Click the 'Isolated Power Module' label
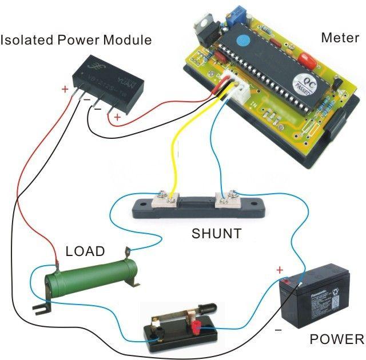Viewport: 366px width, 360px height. click(76, 40)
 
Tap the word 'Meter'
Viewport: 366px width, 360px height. click(340, 38)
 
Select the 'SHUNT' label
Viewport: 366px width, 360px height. click(216, 233)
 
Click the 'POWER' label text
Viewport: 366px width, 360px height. click(336, 339)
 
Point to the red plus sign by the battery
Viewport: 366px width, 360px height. click(280, 270)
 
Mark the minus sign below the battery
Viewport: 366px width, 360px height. click(278, 330)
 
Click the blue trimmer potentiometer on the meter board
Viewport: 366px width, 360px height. click(234, 14)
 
